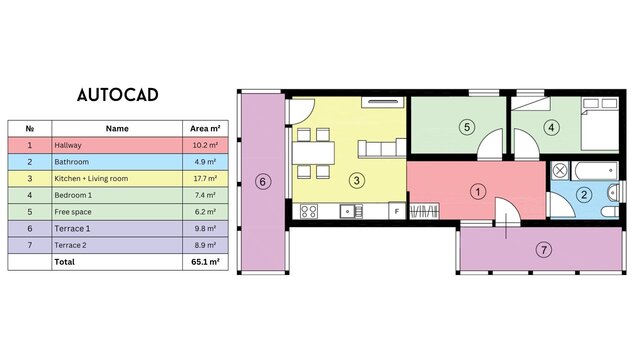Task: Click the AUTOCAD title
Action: [x=118, y=95]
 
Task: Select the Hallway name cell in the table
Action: [x=117, y=145]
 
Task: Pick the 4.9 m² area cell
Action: [x=205, y=162]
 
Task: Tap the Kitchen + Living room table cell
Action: [x=117, y=179]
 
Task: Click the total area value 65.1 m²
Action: [x=205, y=262]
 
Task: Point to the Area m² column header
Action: [x=205, y=129]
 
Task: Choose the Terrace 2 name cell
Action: [x=117, y=245]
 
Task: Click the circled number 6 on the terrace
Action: [x=263, y=181]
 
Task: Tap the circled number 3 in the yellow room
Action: [x=356, y=180]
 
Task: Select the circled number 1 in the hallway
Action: [x=478, y=191]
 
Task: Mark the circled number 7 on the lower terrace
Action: [x=544, y=249]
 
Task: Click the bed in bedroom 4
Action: [x=599, y=124]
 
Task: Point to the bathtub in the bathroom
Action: [x=594, y=171]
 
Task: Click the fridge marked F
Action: [x=396, y=211]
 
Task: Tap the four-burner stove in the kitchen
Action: [x=309, y=211]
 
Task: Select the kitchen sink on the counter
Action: [x=351, y=211]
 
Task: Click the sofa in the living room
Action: [x=382, y=148]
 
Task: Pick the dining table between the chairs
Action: [x=313, y=153]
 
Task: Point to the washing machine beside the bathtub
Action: [x=560, y=170]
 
